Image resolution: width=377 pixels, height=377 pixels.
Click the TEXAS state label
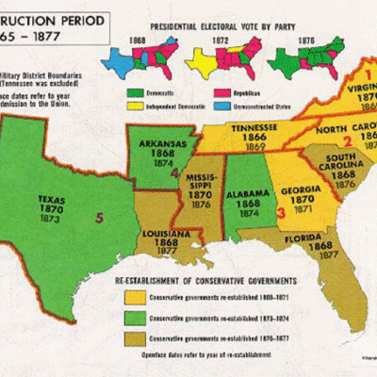(52, 200)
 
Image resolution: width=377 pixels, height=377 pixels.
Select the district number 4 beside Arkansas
(172, 173)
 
